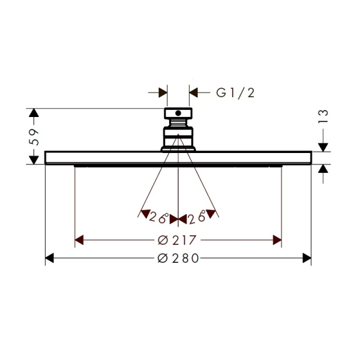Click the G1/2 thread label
coord(235,93)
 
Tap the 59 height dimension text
coord(34,137)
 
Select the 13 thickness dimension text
coord(323,116)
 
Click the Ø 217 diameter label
coord(177,240)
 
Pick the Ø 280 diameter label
coord(178,258)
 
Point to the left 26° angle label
coord(158,217)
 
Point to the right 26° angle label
coord(197,217)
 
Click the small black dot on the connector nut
coord(178,113)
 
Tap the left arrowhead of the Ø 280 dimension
coord(49,258)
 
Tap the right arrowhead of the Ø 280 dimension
coord(307,258)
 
